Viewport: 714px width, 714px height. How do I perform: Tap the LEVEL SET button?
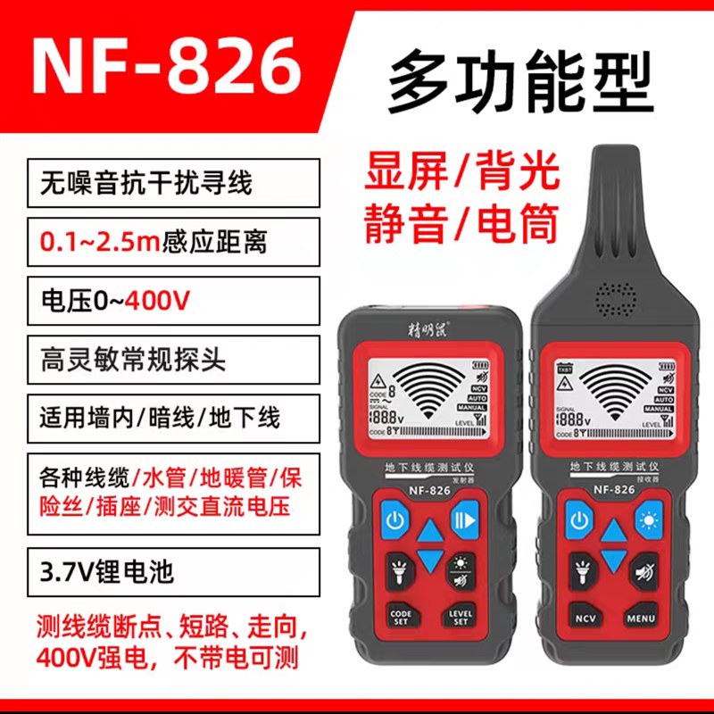click(x=461, y=616)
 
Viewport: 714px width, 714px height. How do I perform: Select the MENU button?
click(x=641, y=618)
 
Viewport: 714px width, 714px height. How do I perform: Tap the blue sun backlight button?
click(x=646, y=519)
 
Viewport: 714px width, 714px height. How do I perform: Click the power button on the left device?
click(x=396, y=518)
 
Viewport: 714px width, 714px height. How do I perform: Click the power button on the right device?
click(x=581, y=519)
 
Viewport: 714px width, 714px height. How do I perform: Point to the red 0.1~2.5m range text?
click(x=98, y=241)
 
